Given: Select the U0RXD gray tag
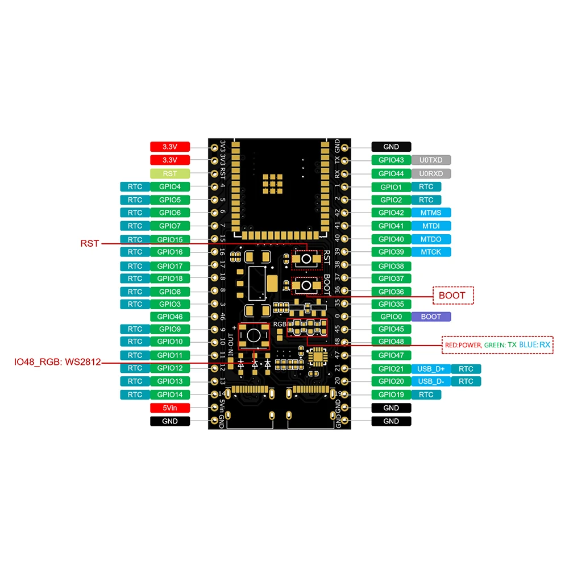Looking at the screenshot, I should coord(430,173).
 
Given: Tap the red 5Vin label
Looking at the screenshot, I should coord(169,408).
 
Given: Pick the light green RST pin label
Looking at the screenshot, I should coord(169,173).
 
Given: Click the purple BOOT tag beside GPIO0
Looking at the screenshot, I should coord(430,317).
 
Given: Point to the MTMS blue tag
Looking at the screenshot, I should coord(430,213).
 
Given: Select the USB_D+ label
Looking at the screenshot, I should coord(430,369).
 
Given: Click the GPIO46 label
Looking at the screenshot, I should coord(169,317).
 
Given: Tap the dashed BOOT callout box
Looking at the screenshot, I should coord(453,295).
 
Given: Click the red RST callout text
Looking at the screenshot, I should coord(90,243).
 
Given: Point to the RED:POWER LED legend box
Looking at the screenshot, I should coord(497,344).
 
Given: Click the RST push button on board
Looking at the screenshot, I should coord(306,259).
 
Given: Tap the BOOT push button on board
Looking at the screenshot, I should coord(306,285).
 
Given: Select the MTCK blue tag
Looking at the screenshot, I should coord(430,252).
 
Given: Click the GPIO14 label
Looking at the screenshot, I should coord(169,394).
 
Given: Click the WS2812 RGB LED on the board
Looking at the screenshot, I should coord(254,335).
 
